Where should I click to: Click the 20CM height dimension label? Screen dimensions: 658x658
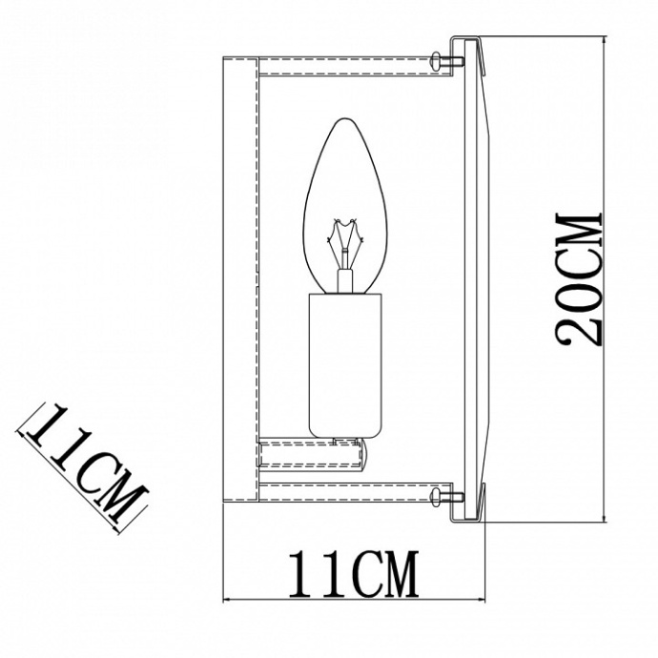pyautogui.click(x=579, y=278)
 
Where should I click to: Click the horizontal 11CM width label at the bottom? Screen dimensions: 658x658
pyautogui.click(x=352, y=571)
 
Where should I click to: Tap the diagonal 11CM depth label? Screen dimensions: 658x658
pyautogui.click(x=86, y=462)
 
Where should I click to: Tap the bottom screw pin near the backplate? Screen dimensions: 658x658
pyautogui.click(x=445, y=494)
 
